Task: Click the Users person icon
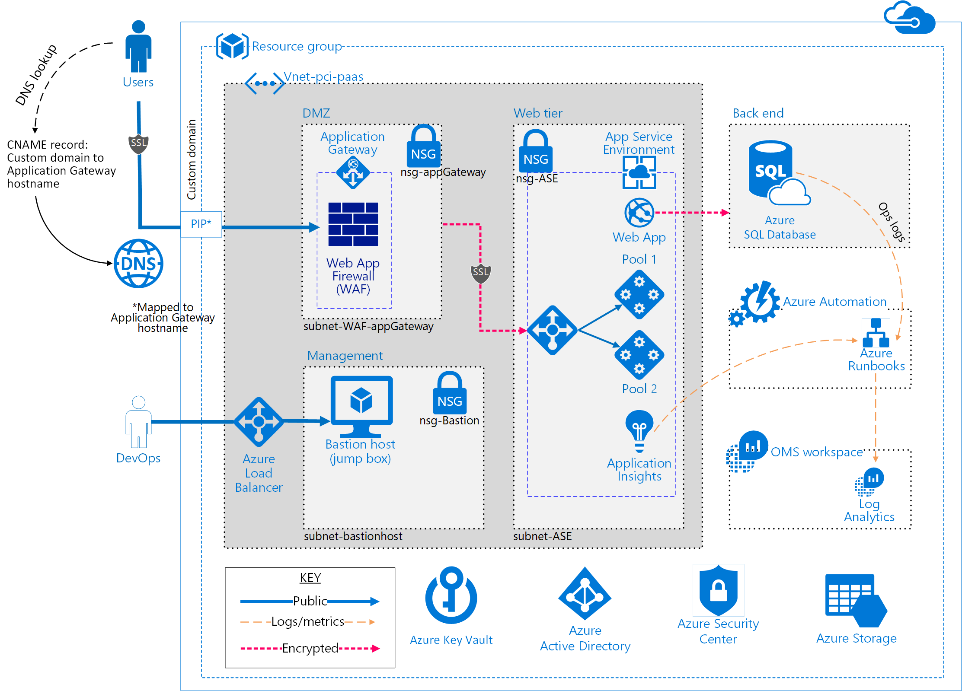point(138,47)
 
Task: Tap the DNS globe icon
point(138,264)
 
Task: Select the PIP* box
point(201,224)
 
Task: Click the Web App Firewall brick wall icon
point(353,224)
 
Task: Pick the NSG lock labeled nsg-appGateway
point(423,147)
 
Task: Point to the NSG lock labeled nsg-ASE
point(535,152)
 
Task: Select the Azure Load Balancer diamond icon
point(259,422)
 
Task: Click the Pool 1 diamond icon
point(639,295)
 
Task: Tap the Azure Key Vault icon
point(451,596)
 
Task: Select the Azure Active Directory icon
point(585,594)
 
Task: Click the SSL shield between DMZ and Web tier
point(480,273)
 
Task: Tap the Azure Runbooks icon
point(876,333)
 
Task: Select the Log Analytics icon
point(869,481)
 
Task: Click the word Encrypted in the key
point(310,648)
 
